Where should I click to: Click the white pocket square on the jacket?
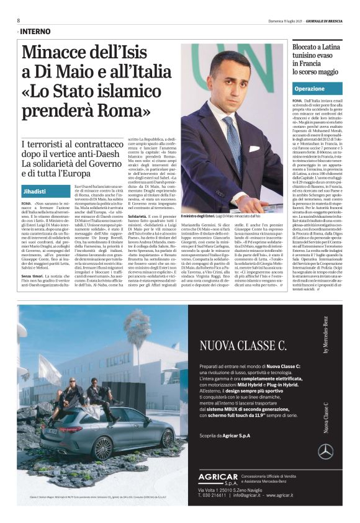pyautogui.click(x=254, y=149)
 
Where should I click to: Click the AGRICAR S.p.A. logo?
pyautogui.click(x=218, y=479)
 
